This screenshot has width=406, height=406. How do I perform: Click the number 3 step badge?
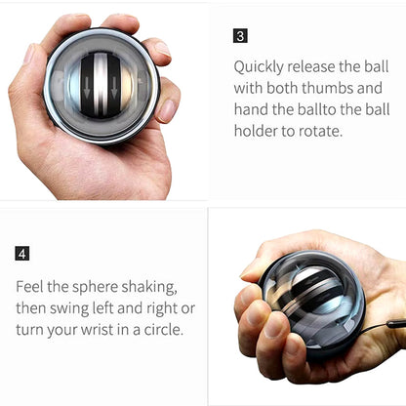[240, 36]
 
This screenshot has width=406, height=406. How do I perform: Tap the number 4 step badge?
[22, 254]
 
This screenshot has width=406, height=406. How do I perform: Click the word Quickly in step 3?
[259, 67]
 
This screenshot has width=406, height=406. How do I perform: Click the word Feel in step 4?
[29, 287]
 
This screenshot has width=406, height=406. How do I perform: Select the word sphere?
[95, 288]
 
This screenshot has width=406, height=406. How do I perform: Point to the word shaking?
[149, 288]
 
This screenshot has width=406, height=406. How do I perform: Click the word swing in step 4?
[69, 309]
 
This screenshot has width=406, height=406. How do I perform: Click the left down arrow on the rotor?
[87, 88]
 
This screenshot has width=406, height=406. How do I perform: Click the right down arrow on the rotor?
[113, 88]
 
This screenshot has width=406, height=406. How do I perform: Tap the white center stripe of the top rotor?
[101, 85]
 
